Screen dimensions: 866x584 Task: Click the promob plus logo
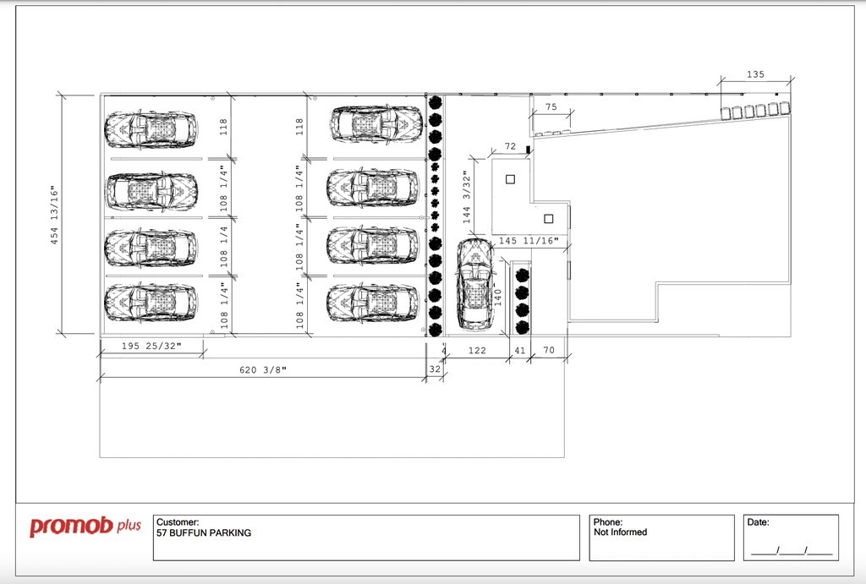click(85, 526)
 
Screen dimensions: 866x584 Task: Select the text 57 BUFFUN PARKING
click(203, 533)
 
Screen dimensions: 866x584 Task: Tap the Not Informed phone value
click(620, 532)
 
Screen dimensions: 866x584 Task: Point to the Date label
click(758, 522)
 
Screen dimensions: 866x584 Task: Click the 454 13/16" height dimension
click(54, 215)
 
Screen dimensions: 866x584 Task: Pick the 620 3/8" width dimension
click(263, 369)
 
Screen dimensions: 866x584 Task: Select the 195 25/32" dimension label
click(151, 347)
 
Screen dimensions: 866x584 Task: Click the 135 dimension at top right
click(755, 74)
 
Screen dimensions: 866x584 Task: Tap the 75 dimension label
click(551, 107)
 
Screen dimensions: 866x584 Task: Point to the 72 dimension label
click(510, 146)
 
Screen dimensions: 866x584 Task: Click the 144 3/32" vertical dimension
click(467, 198)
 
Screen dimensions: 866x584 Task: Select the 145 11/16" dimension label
click(529, 241)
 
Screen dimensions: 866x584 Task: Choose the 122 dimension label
click(477, 351)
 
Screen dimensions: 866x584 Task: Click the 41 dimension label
click(520, 351)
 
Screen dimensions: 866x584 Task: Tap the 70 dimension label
click(548, 350)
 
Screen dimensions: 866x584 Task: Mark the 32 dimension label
click(436, 369)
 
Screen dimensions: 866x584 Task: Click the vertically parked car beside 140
click(474, 284)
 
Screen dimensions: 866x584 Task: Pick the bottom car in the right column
click(373, 303)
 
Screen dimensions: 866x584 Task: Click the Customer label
click(178, 522)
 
